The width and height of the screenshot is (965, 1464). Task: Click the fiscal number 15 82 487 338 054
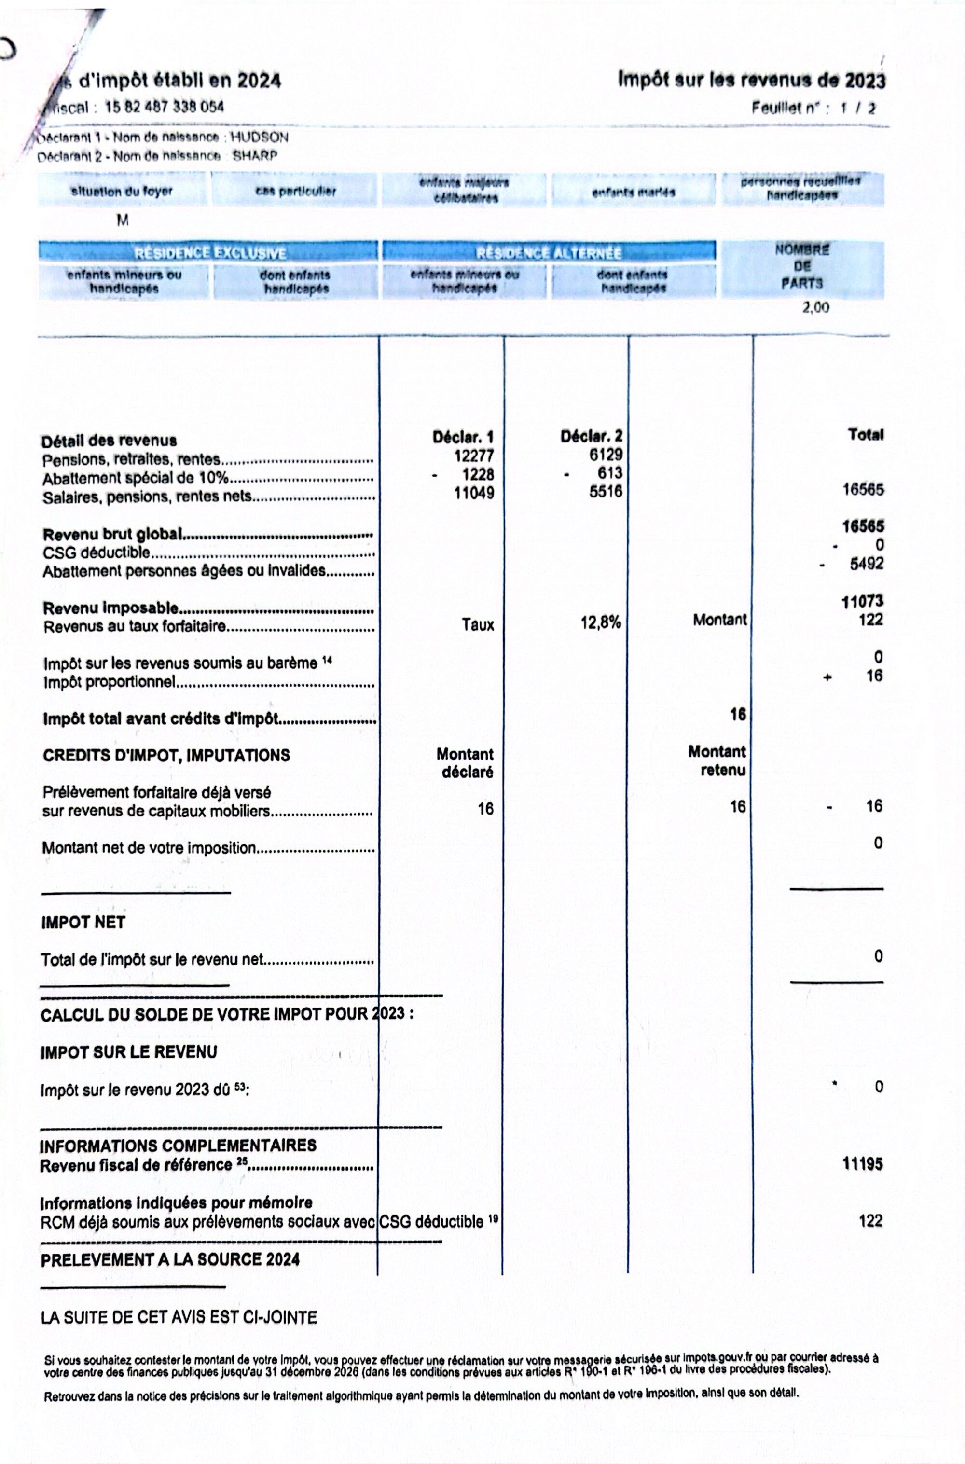(x=165, y=107)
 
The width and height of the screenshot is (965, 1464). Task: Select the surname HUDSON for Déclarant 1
(x=259, y=137)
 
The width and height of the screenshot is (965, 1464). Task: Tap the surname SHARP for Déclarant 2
(x=255, y=156)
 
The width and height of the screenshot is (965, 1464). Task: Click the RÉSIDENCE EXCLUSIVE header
(x=210, y=253)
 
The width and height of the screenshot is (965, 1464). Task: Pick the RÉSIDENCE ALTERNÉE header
(x=549, y=253)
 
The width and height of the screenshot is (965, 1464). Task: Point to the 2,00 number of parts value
(x=815, y=308)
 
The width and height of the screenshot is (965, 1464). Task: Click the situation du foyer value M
(x=123, y=221)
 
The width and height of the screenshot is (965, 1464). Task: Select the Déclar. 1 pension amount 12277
(x=474, y=456)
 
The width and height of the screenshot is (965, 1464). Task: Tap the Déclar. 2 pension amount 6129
(x=606, y=455)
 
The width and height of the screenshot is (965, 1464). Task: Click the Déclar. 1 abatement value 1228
(x=478, y=474)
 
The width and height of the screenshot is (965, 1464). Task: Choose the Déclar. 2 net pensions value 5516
(x=606, y=492)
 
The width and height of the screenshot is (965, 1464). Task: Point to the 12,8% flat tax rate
(x=601, y=623)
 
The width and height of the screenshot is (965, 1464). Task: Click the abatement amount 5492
(x=867, y=564)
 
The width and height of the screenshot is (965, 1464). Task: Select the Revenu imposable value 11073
(x=863, y=601)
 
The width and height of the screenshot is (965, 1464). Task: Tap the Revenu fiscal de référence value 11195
(x=862, y=1164)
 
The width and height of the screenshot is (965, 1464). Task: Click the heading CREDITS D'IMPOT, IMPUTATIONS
(x=166, y=756)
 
